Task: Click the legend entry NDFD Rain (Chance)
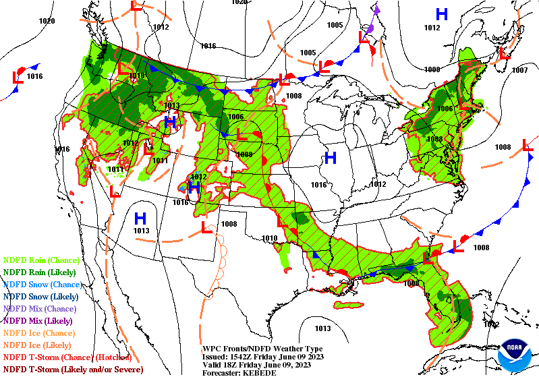pyautogui.click(x=41, y=260)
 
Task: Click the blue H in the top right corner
pyautogui.click(x=442, y=13)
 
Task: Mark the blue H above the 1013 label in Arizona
pyautogui.click(x=140, y=219)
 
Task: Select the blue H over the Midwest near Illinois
pyautogui.click(x=330, y=158)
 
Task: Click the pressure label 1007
pyautogui.click(x=519, y=70)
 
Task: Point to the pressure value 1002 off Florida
pyautogui.click(x=492, y=324)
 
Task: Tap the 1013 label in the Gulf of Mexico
pyautogui.click(x=322, y=328)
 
